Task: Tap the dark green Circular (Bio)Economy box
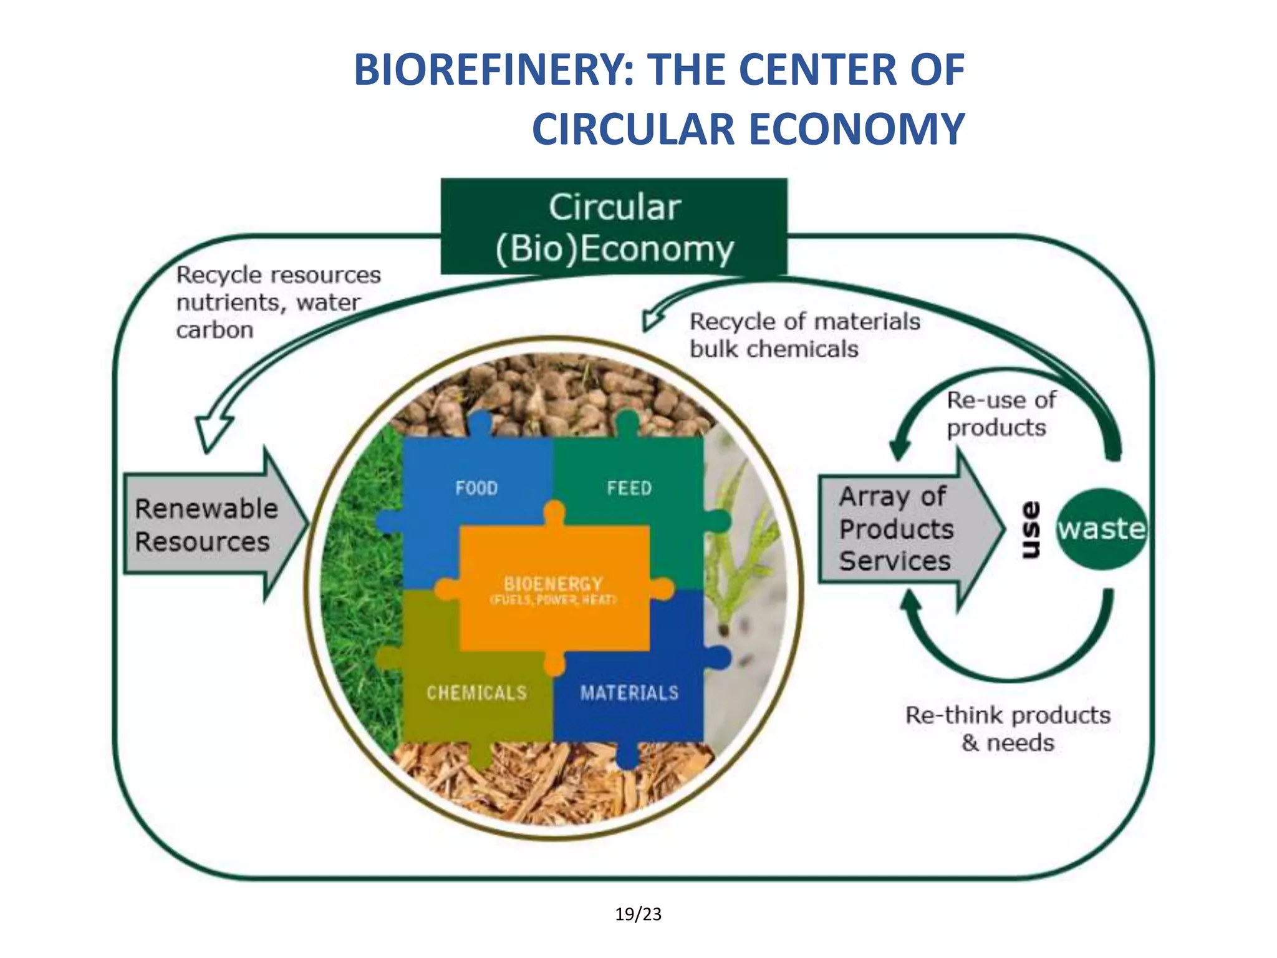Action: pyautogui.click(x=614, y=226)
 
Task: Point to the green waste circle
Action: pyautogui.click(x=1102, y=529)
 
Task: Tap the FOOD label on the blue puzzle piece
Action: pyautogui.click(x=476, y=488)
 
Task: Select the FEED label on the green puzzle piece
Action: pyautogui.click(x=629, y=488)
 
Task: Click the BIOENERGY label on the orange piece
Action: pyautogui.click(x=554, y=584)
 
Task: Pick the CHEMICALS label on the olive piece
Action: pyautogui.click(x=477, y=693)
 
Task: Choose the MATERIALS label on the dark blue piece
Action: pyautogui.click(x=629, y=693)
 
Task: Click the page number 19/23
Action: pyautogui.click(x=638, y=914)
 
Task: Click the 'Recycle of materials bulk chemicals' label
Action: pyautogui.click(x=804, y=335)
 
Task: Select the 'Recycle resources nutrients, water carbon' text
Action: pyautogui.click(x=277, y=302)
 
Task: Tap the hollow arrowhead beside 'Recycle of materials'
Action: pyautogui.click(x=652, y=318)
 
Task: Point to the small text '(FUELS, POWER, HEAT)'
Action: pyautogui.click(x=554, y=600)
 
